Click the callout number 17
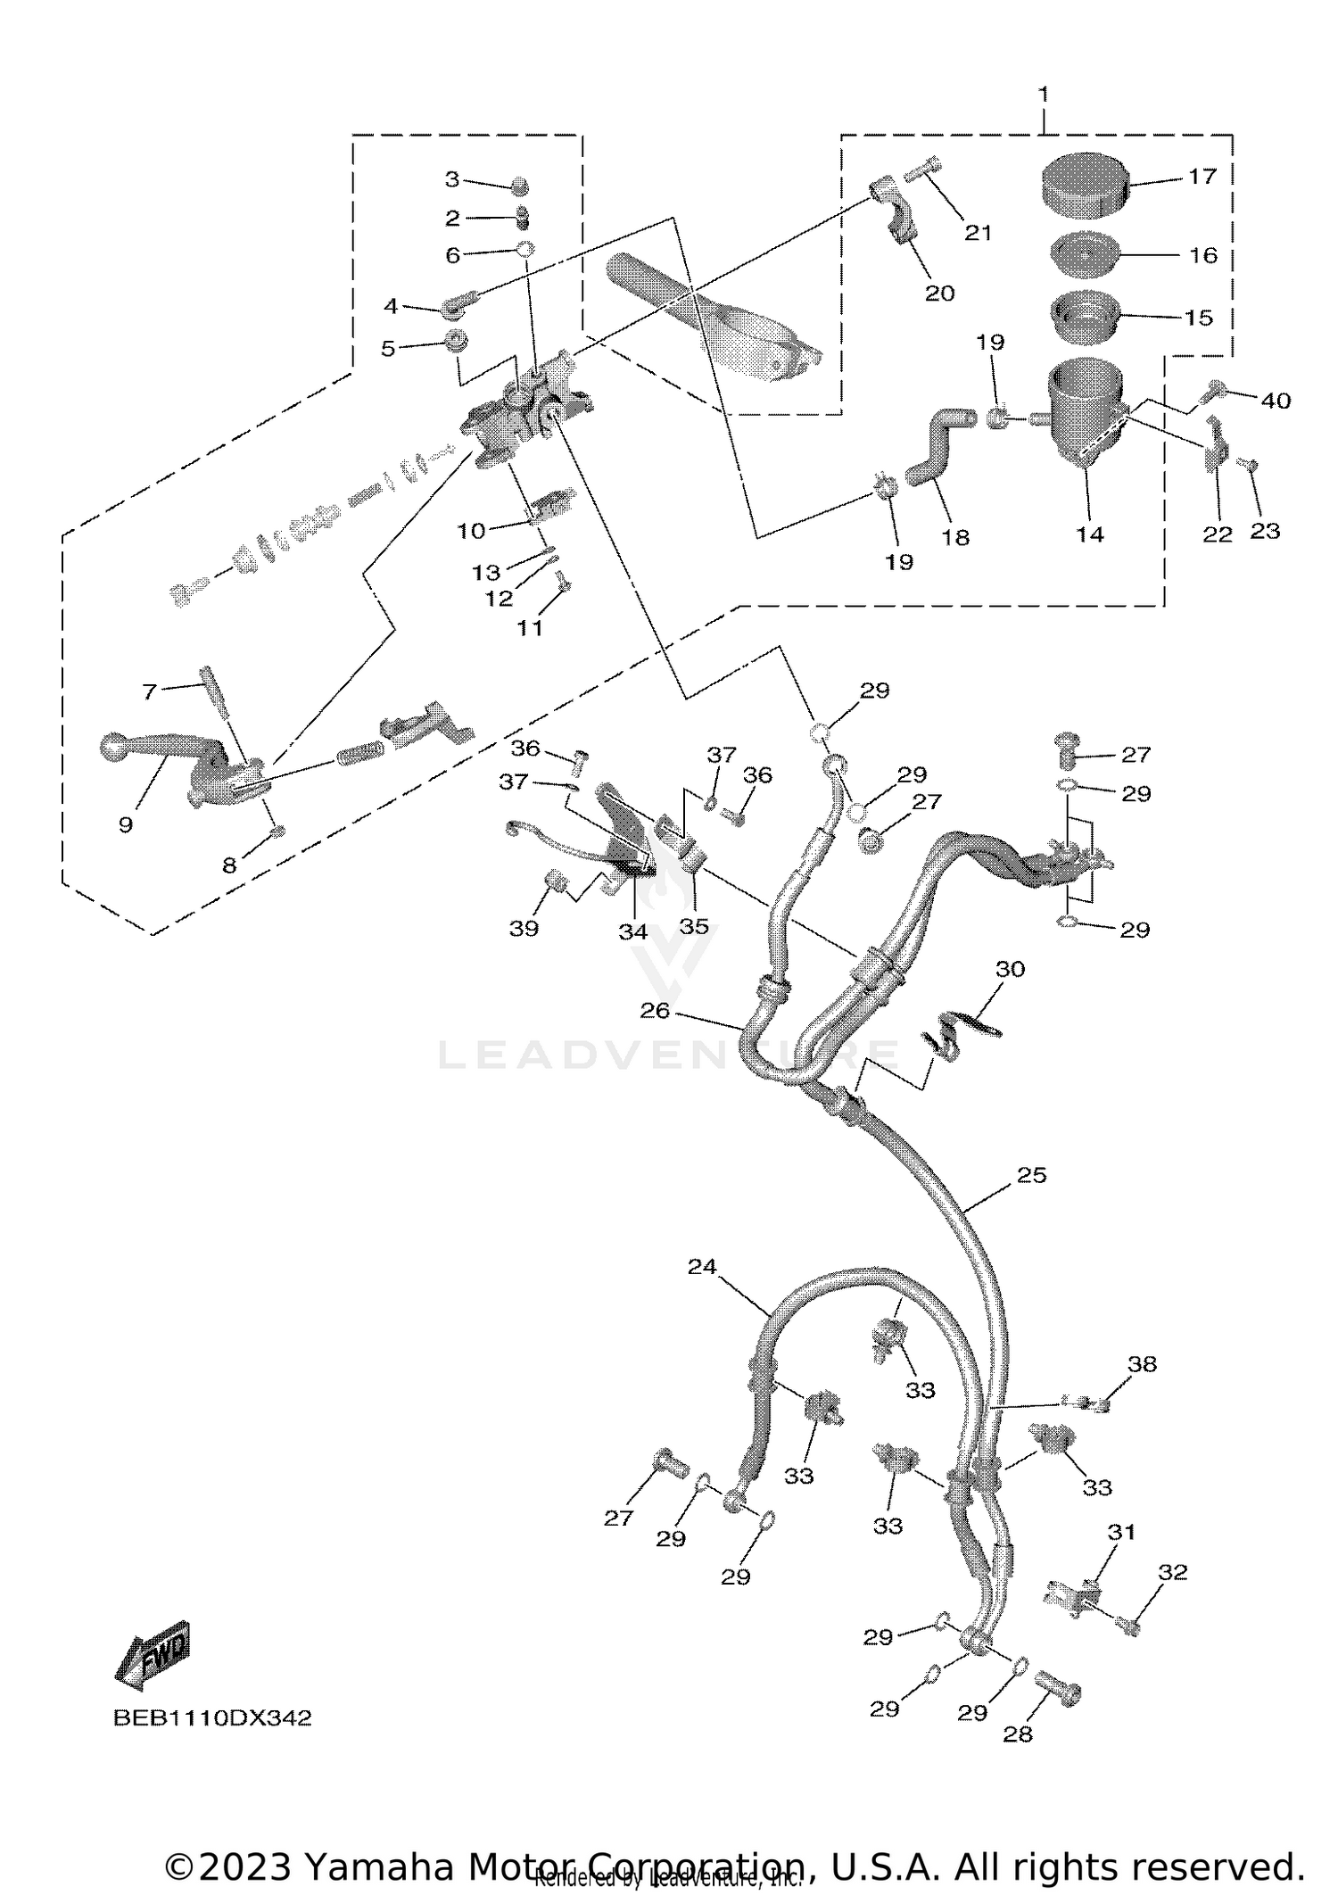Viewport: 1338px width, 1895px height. (x=1202, y=176)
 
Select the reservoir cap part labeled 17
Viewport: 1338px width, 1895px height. (x=1086, y=185)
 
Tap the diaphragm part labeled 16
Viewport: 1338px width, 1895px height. (x=1086, y=256)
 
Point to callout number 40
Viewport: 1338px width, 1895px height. (x=1276, y=401)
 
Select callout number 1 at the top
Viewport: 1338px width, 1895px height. (x=1043, y=95)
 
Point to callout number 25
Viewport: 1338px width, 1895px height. (x=1031, y=1175)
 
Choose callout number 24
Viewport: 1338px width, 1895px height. (x=702, y=1266)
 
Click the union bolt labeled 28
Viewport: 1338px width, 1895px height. (x=1060, y=1689)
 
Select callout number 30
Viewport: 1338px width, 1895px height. (x=1010, y=968)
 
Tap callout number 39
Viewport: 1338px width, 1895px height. (x=524, y=928)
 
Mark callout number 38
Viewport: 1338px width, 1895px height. (x=1142, y=1388)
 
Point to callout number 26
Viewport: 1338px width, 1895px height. (x=655, y=1010)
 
